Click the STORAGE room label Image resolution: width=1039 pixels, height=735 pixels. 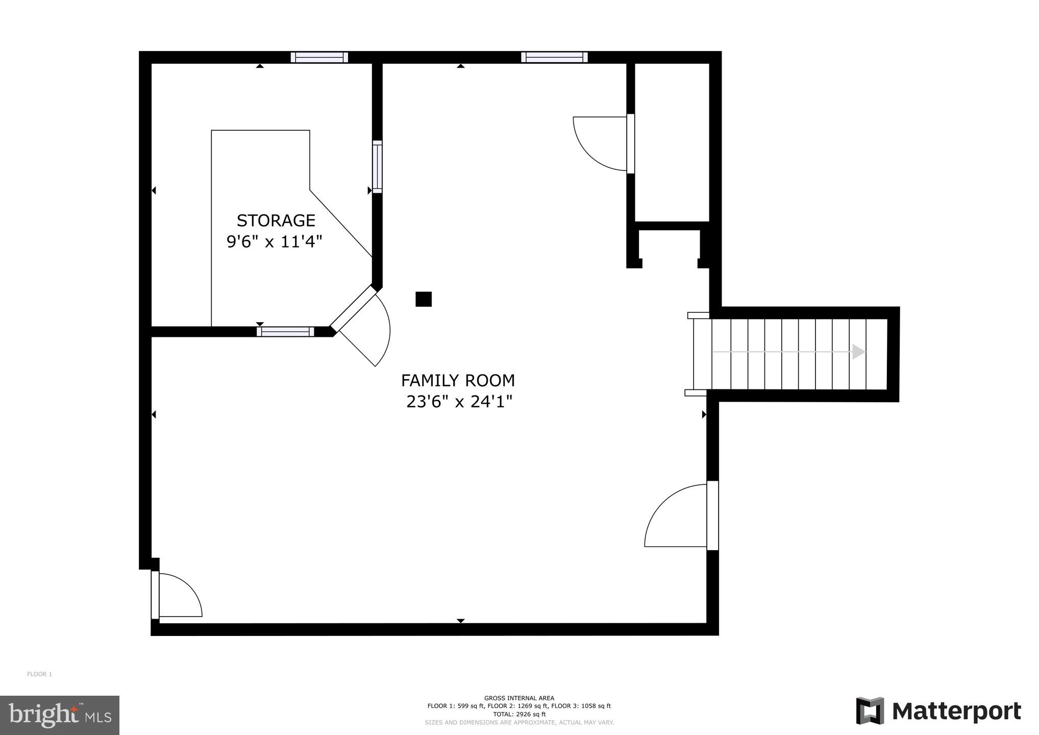coord(276,220)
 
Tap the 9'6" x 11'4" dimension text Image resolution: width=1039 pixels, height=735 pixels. coord(275,241)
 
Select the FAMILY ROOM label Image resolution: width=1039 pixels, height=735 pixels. coord(458,381)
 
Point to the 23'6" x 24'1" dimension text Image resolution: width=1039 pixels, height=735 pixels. coord(459,402)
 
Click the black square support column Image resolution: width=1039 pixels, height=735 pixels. coord(424,299)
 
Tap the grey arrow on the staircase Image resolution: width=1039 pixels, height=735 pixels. coord(859,352)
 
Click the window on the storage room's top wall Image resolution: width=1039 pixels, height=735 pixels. coord(319,57)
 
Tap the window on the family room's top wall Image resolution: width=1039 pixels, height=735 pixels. coord(554,57)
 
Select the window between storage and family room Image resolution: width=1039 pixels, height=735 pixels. coord(377,166)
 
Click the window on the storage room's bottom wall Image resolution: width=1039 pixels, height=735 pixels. coord(285,332)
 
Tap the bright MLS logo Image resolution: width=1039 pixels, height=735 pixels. coord(60,715)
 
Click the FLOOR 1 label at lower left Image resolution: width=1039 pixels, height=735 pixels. coord(39,674)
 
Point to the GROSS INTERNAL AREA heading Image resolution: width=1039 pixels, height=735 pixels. coord(519,698)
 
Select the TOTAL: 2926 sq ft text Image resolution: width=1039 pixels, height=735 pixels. coord(519,715)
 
